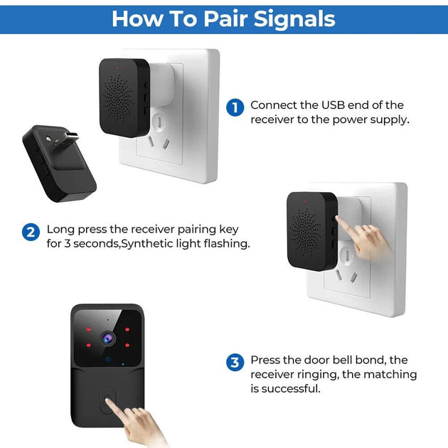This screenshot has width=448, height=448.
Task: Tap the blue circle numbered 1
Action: [x=235, y=107]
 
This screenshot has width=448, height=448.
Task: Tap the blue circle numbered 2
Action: [x=31, y=232]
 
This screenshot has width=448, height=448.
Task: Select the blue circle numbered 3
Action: [x=235, y=363]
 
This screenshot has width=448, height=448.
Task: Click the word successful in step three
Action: [x=292, y=389]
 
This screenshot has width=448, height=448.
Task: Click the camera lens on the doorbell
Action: [x=107, y=337]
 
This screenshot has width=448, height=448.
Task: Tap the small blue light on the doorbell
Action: [x=124, y=366]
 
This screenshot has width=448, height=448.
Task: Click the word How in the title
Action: [x=135, y=18]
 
